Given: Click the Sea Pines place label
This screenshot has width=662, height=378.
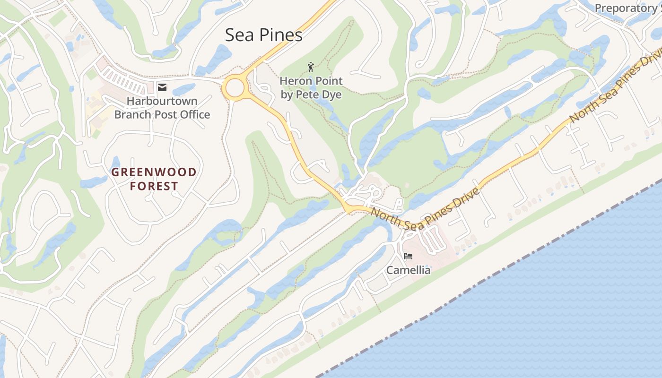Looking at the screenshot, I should coord(263,35).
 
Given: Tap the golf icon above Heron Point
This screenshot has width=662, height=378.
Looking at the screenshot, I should coord(311,67).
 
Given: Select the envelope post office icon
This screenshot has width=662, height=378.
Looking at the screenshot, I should coord(162,87).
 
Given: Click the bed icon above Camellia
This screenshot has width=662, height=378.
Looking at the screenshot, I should coord(408,257).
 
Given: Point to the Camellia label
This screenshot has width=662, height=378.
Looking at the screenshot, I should coord(409,270).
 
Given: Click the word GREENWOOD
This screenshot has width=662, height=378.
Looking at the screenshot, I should coord(154,172).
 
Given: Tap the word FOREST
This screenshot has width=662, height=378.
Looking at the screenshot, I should coord(154,186).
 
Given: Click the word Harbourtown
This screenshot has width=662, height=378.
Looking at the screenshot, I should coord(162,101).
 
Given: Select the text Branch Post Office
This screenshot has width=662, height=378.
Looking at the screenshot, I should coord(162,114).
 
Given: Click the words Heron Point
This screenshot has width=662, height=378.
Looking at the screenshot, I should coord(311,81).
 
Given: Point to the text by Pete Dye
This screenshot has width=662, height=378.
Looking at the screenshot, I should coord(311,94).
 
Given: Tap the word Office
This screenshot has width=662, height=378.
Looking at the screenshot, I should coord(193,114).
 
